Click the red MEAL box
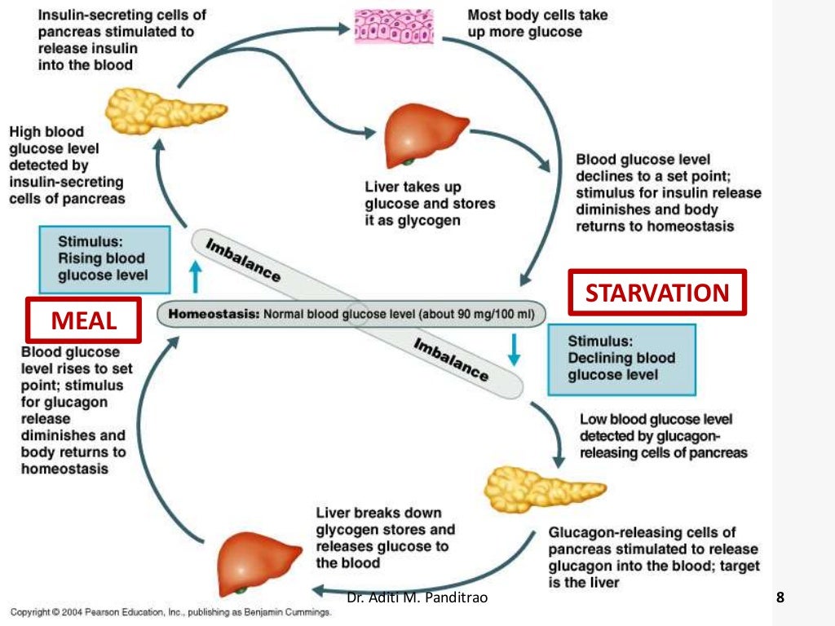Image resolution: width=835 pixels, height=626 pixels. (84, 320)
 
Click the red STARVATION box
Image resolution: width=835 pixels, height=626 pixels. (657, 292)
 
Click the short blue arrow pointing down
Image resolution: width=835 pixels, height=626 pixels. (514, 347)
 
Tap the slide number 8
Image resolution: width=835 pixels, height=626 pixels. (780, 598)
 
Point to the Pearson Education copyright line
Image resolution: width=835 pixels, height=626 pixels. (170, 613)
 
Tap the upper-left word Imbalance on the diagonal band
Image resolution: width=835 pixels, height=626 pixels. (241, 260)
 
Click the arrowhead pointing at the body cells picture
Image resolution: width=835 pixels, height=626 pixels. (344, 29)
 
